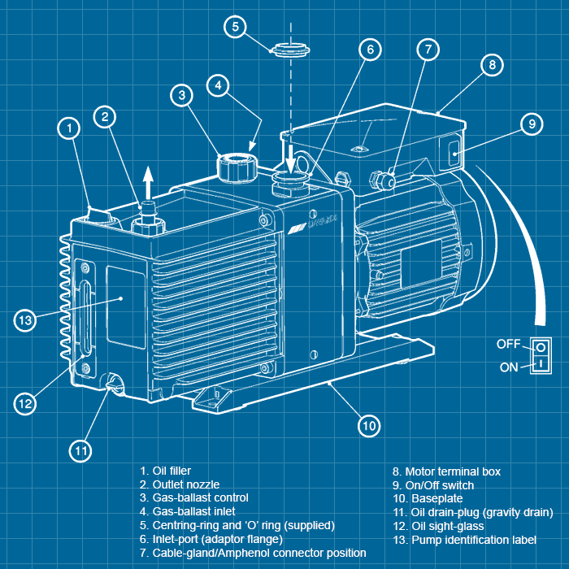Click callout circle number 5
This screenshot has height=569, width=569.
234,27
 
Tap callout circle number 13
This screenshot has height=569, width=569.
25,320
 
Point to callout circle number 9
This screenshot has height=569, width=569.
531,124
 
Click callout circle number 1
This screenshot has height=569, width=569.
70,128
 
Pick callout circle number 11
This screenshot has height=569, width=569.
80,450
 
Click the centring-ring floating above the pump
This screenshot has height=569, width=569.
289,48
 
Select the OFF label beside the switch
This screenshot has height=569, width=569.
509,345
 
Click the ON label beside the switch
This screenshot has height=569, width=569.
510,367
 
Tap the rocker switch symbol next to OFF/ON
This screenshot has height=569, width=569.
540,355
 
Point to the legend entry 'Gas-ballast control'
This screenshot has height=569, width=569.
194,498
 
